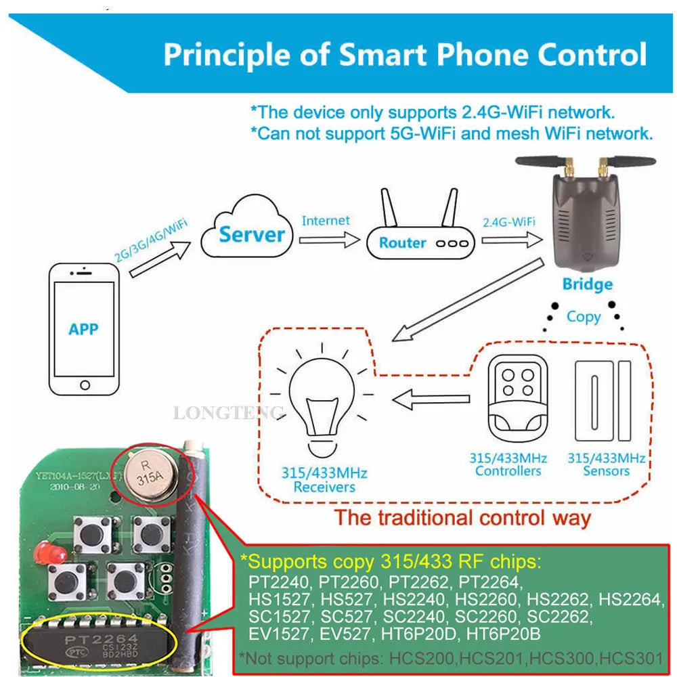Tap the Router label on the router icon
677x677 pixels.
[402, 242]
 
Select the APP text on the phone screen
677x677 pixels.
[83, 329]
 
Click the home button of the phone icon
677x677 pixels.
[84, 385]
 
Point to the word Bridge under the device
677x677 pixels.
[587, 284]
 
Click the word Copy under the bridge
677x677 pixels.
[584, 317]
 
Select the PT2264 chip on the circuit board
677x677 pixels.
[102, 640]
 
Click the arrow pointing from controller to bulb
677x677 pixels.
[430, 400]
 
